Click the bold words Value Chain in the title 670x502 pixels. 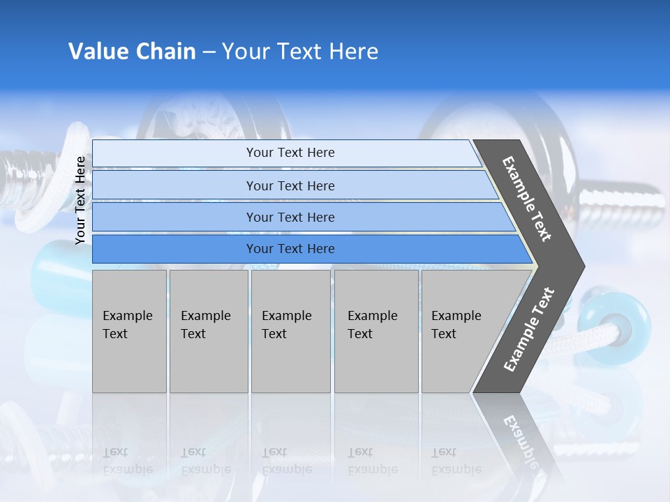tap(132, 52)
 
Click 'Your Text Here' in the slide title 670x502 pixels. tap(300, 52)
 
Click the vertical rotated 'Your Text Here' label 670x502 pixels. tap(80, 200)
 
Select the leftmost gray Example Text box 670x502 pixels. tap(129, 330)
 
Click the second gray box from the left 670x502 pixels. tap(208, 330)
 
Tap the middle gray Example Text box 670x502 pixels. tap(290, 330)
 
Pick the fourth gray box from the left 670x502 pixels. tap(375, 330)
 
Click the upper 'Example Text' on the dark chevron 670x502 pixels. tap(527, 199)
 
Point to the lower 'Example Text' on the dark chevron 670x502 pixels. tap(529, 330)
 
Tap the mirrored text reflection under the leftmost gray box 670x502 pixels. tap(127, 460)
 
